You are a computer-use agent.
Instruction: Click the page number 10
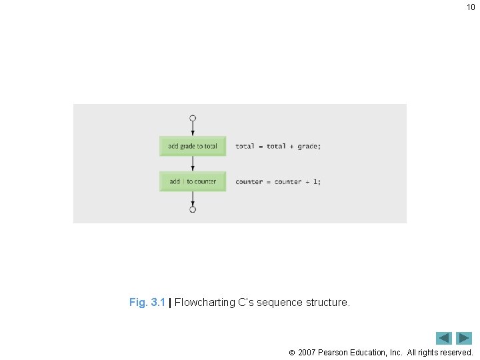tap(471, 7)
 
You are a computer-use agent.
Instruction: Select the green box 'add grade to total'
tap(193, 146)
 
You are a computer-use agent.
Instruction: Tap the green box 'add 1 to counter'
tap(193, 181)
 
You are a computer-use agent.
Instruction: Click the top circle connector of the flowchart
tap(193, 118)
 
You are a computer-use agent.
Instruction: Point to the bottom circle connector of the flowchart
tap(193, 209)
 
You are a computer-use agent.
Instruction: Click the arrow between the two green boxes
tap(193, 164)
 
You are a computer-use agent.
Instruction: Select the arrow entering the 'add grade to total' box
tap(193, 129)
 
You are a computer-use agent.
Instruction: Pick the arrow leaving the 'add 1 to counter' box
tap(193, 199)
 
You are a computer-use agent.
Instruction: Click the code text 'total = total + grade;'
tap(277, 146)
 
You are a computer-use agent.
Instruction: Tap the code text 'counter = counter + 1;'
tap(277, 181)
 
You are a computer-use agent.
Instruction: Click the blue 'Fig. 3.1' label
tap(147, 303)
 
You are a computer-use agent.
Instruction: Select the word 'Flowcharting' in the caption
tap(205, 303)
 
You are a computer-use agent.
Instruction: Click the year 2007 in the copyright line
tap(307, 352)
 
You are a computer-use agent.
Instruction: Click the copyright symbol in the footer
tap(291, 352)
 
